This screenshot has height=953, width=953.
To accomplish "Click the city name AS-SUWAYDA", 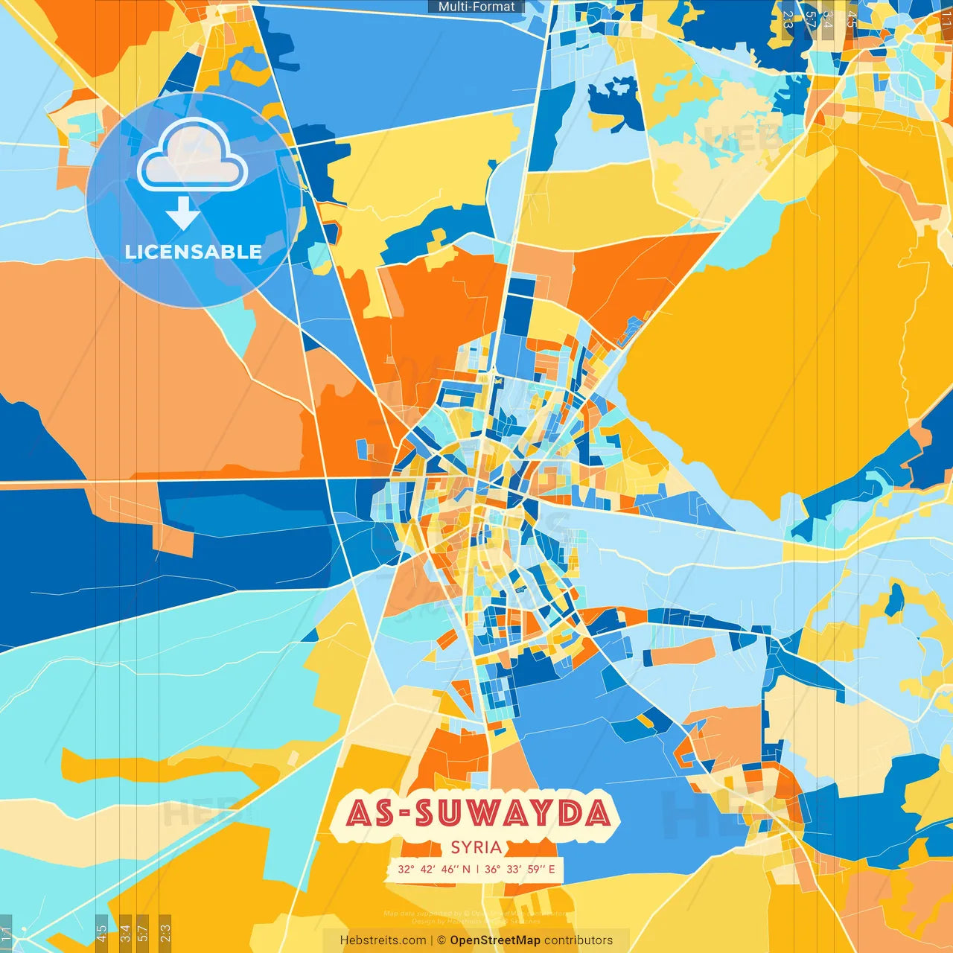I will coord(477,812).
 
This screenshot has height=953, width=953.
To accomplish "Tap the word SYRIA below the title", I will coord(476,847).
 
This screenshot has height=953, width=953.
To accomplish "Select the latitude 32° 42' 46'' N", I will coord(434,869).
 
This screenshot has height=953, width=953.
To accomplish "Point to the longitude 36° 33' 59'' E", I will coord(520,869).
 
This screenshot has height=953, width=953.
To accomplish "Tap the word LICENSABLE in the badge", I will coord(193,252).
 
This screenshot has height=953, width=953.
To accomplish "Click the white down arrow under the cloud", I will coord(182,213).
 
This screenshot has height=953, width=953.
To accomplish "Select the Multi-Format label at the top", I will coord(476,7).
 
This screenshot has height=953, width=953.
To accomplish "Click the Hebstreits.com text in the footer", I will coord(383,940).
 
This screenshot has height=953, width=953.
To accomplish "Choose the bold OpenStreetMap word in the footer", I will coord(495,940).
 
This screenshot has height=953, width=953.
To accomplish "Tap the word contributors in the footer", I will coord(579,940).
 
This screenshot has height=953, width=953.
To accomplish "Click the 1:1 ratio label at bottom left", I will coord(7,933).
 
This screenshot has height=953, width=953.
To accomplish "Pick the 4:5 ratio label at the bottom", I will coord(101,933).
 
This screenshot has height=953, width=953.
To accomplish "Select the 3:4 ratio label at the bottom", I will coord(125,933).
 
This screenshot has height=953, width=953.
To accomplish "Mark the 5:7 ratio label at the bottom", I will coord(143,933).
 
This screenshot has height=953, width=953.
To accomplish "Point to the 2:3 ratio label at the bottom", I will coord(165,933).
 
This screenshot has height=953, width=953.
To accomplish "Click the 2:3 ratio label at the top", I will coord(788,19).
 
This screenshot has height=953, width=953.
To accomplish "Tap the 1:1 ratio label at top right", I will coord(946,19).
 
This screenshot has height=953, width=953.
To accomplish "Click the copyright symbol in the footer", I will coord(442,940).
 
